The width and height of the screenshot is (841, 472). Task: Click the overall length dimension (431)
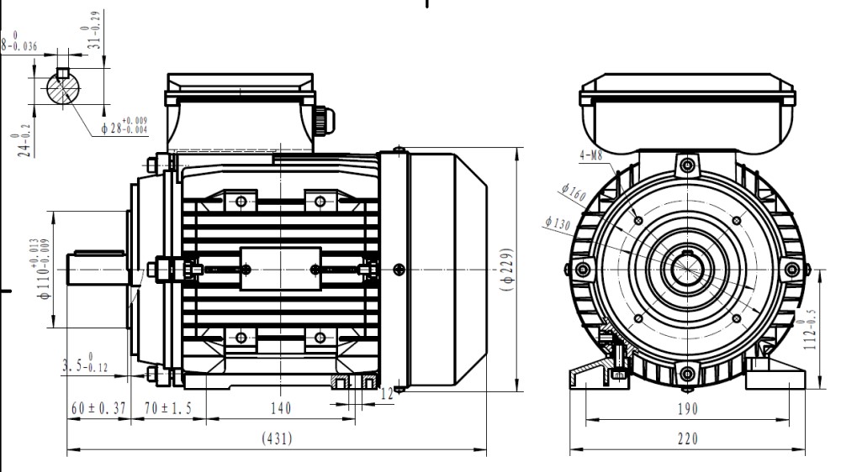tap(278, 438)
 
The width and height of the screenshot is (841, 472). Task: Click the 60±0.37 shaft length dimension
tap(98, 408)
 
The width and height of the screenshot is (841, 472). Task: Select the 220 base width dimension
tap(688, 438)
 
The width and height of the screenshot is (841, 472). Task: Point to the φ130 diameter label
tap(558, 223)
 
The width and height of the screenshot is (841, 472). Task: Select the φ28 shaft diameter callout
tap(124, 127)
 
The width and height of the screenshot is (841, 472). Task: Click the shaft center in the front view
tap(687, 269)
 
